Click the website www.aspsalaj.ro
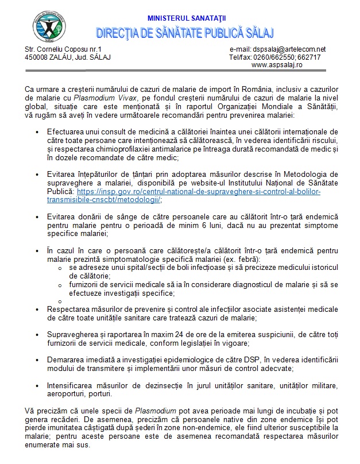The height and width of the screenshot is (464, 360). pyautogui.click(x=277, y=65)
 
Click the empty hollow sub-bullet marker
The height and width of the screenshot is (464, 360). pyautogui.click(x=60, y=301)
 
